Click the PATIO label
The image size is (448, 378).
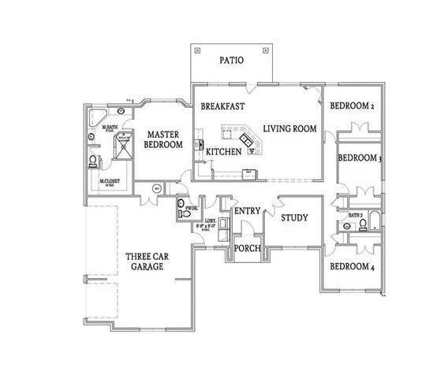[x=230, y=60]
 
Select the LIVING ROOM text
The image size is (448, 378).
[x=289, y=128]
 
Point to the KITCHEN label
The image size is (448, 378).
[x=222, y=149]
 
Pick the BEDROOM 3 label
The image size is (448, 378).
[x=359, y=157]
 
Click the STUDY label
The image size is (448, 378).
[x=293, y=217]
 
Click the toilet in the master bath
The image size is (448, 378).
[x=94, y=162]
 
